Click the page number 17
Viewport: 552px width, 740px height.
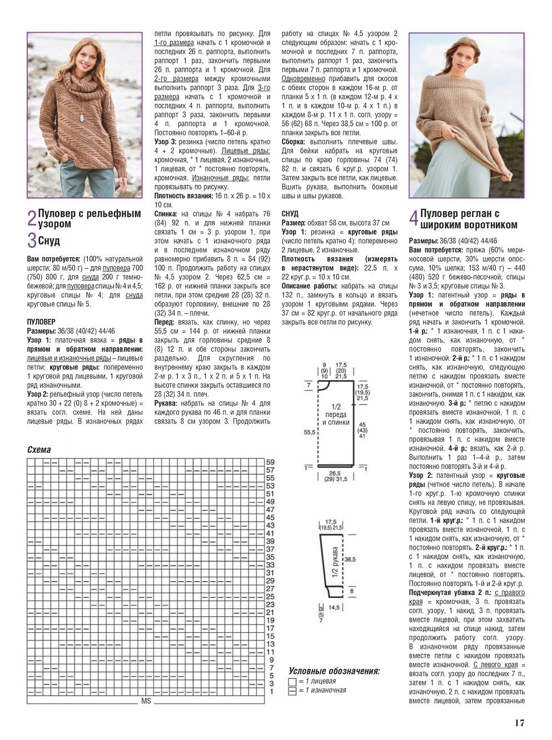[519, 723]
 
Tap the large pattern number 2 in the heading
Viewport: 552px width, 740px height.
[32, 218]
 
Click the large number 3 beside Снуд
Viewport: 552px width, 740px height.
[32, 241]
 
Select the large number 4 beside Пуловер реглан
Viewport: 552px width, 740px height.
[414, 218]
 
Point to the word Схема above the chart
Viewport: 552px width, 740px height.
[39, 450]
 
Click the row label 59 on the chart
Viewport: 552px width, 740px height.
[270, 462]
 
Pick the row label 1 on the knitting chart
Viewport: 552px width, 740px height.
[271, 692]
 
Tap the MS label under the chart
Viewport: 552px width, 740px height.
[146, 701]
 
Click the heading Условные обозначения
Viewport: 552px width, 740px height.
[334, 671]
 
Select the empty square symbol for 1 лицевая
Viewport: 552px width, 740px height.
[292, 682]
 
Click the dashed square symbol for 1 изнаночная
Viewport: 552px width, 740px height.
[292, 691]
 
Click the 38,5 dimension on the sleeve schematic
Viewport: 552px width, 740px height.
[350, 558]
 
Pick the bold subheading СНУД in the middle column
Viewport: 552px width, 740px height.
[290, 214]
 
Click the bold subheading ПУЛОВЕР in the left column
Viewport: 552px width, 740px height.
[41, 322]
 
